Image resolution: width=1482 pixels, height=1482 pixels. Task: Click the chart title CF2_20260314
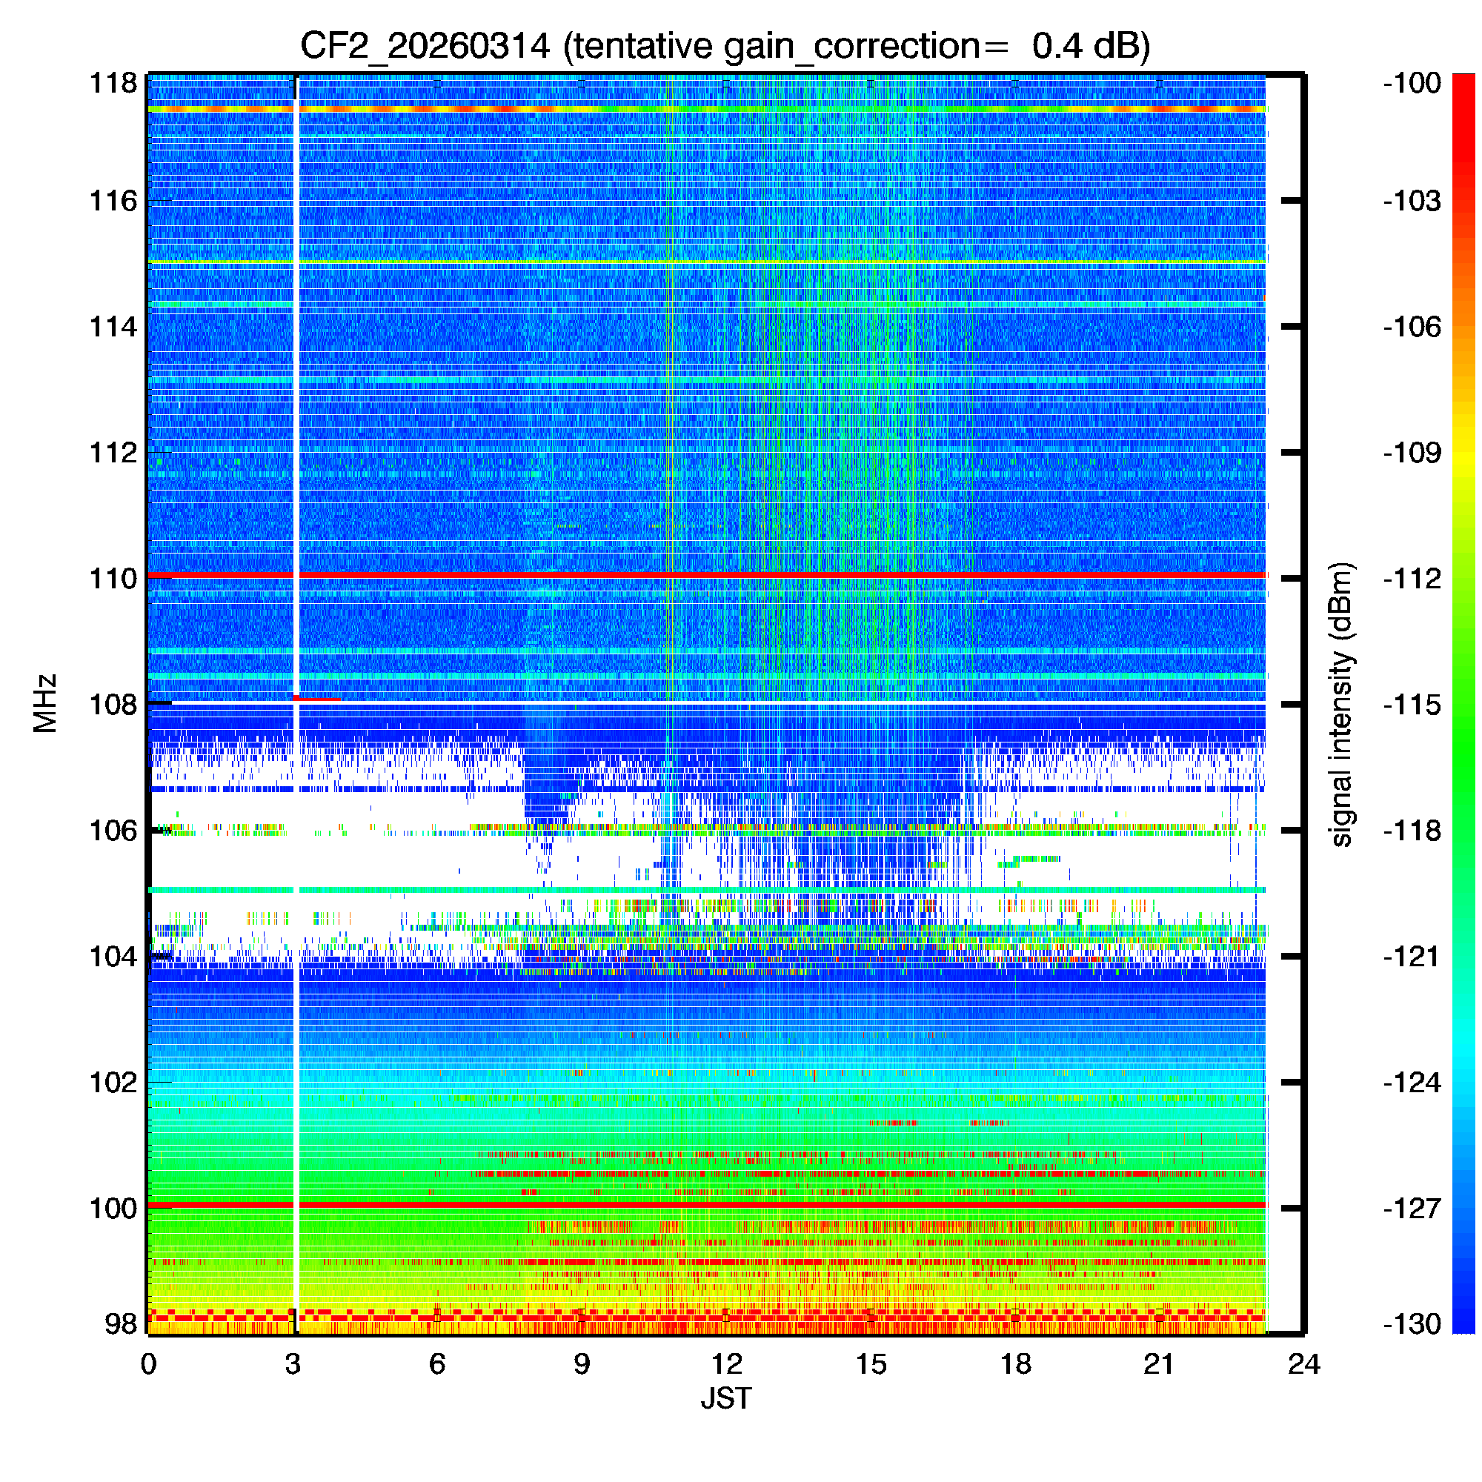(x=424, y=47)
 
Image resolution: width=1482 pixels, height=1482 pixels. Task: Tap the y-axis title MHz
(x=46, y=703)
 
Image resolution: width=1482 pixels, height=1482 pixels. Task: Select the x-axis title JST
(x=725, y=1398)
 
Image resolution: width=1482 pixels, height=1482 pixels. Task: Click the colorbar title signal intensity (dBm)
(x=1342, y=704)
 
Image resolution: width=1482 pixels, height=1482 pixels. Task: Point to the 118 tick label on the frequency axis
(x=113, y=83)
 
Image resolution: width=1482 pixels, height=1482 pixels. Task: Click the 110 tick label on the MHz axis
(x=113, y=579)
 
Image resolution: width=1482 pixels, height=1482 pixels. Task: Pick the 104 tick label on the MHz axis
(x=113, y=957)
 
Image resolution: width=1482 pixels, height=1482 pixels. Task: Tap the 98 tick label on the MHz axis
(x=121, y=1324)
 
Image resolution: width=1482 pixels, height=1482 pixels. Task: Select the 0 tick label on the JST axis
(x=148, y=1364)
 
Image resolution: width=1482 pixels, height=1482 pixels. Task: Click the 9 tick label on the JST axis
(x=582, y=1364)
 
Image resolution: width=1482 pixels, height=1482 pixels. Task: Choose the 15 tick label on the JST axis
(x=871, y=1364)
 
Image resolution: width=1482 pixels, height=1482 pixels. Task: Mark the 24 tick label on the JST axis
(x=1304, y=1364)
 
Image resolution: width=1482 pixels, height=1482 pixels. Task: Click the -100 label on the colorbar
(x=1412, y=83)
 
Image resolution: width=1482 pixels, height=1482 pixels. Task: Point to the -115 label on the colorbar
(x=1412, y=704)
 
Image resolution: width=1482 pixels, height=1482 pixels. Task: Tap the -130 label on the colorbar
(x=1412, y=1324)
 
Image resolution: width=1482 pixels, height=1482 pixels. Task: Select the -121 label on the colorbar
(x=1412, y=957)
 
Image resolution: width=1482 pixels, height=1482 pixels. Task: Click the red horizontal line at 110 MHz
(x=767, y=574)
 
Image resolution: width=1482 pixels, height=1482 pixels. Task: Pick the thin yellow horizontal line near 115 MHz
(x=767, y=264)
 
